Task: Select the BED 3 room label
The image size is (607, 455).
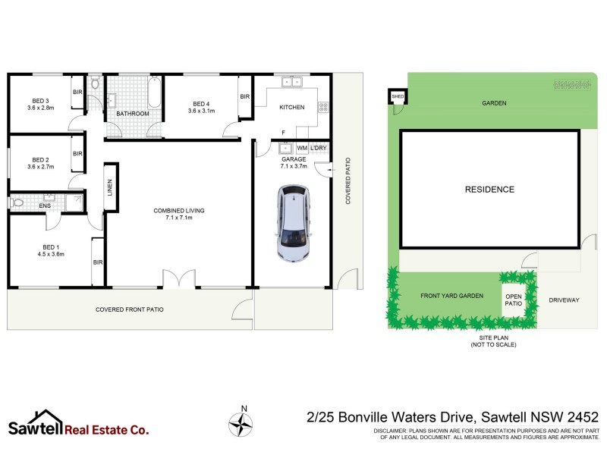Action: (40, 101)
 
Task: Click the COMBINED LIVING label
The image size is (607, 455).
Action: (178, 210)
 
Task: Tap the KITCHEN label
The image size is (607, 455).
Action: (292, 108)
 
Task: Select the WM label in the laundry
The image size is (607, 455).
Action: (302, 147)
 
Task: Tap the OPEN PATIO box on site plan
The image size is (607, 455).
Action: (514, 300)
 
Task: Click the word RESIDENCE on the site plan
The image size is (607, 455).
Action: (489, 190)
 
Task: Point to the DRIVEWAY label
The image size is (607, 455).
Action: (564, 300)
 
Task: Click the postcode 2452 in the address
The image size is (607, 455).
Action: (580, 417)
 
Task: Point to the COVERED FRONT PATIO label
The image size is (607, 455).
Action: (129, 309)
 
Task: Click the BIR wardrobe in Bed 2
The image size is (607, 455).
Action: (77, 153)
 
